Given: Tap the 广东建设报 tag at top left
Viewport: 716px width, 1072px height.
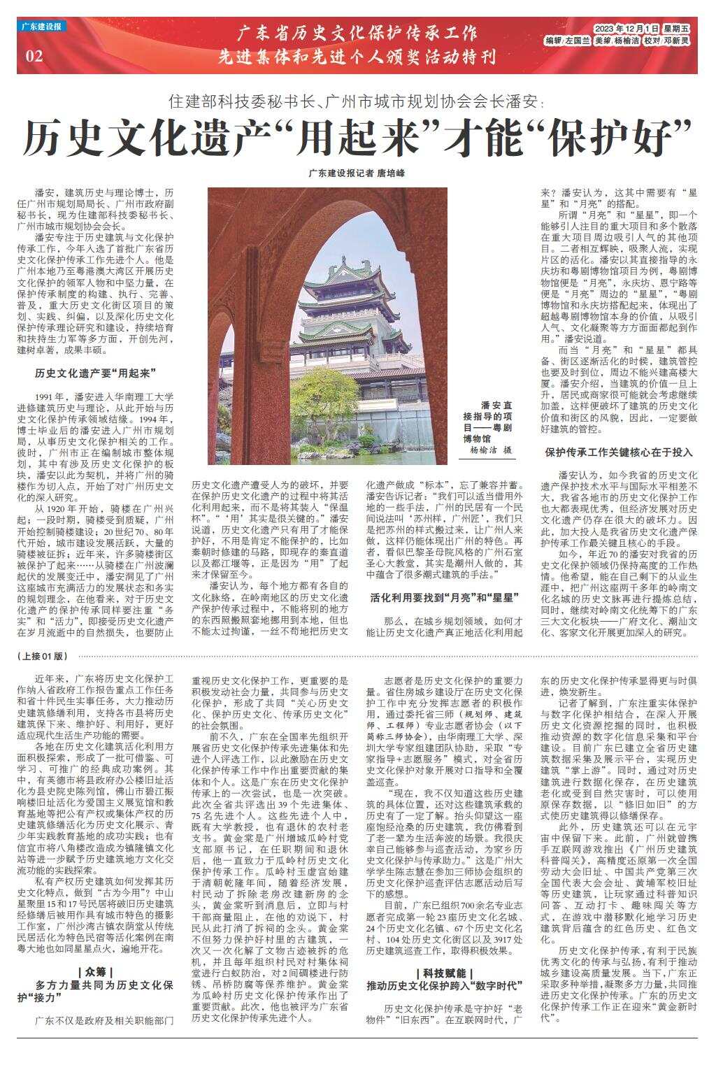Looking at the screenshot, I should point(43,27).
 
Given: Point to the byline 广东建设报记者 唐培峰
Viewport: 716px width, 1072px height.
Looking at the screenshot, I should point(357,173).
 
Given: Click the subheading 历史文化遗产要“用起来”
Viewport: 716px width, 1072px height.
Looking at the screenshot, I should point(96,373).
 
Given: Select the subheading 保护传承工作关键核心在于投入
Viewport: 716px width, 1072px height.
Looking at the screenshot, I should point(619,452).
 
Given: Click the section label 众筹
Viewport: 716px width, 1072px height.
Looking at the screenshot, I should point(96,972).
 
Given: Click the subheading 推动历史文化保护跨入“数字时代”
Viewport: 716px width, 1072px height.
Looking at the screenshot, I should point(444,986).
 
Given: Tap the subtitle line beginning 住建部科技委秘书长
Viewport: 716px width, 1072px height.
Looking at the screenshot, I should point(357,101).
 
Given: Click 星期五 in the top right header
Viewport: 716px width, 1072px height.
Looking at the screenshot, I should point(675,29).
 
